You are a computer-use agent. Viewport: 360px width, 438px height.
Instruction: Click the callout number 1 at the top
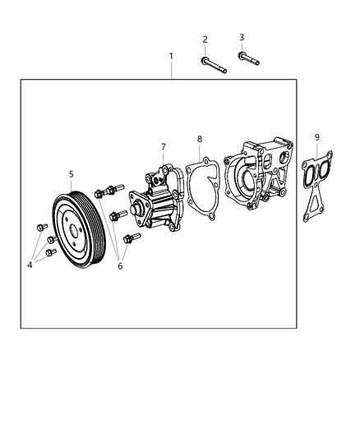(171, 56)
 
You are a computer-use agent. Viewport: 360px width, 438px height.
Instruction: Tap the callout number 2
(205, 39)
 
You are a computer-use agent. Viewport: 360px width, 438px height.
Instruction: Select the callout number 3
(242, 37)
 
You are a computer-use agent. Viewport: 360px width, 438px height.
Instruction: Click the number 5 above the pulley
(72, 174)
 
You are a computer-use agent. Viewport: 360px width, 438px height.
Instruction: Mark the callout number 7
(163, 147)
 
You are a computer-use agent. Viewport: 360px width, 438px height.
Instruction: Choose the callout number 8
(199, 139)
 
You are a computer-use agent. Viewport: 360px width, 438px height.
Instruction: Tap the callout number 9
(317, 136)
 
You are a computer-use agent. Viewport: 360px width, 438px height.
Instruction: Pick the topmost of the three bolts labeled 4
(38, 227)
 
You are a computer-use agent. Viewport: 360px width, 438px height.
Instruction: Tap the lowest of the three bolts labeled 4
(53, 252)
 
